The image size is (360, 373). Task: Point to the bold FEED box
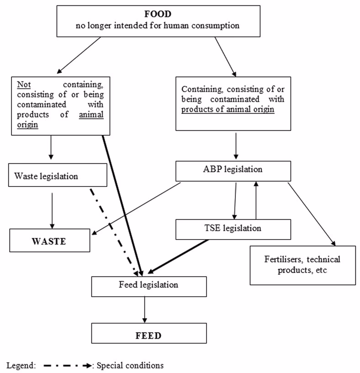(149, 335)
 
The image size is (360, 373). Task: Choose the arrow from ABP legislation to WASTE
(137, 208)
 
